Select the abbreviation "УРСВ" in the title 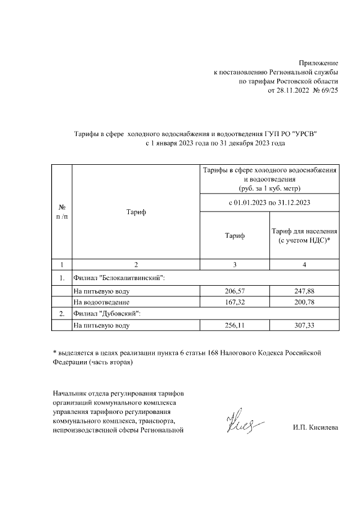point(304,134)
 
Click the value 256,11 point(235,325)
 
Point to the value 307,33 point(304,325)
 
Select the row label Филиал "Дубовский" point(107,314)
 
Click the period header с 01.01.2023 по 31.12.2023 point(269,202)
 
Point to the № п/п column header point(62,212)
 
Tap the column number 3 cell point(235,264)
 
